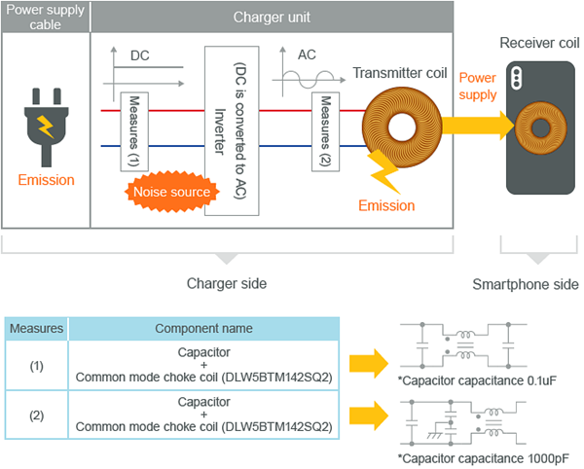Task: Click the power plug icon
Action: [46, 127]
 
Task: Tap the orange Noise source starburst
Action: [171, 192]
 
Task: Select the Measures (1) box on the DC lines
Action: [134, 131]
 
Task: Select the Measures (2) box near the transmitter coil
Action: [325, 131]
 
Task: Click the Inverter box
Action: [232, 130]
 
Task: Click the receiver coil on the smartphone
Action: [541, 127]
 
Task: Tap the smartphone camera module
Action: [516, 79]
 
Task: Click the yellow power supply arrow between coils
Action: [478, 126]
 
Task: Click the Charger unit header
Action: [272, 18]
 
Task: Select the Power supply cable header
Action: [46, 18]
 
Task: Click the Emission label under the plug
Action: [46, 180]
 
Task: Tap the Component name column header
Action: [203, 329]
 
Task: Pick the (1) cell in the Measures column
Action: [37, 366]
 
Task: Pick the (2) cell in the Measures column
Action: [37, 415]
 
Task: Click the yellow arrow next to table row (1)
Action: [369, 364]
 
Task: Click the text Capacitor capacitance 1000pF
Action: [484, 458]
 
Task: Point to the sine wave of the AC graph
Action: [309, 79]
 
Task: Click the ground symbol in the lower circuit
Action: [433, 435]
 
